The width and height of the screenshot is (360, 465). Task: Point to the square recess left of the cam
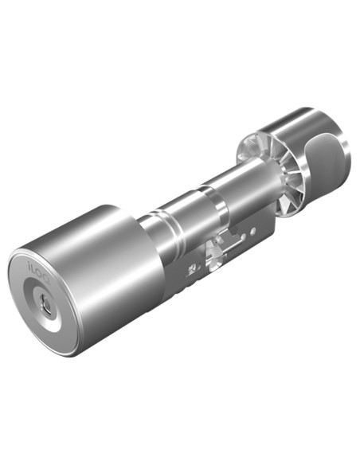191,269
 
